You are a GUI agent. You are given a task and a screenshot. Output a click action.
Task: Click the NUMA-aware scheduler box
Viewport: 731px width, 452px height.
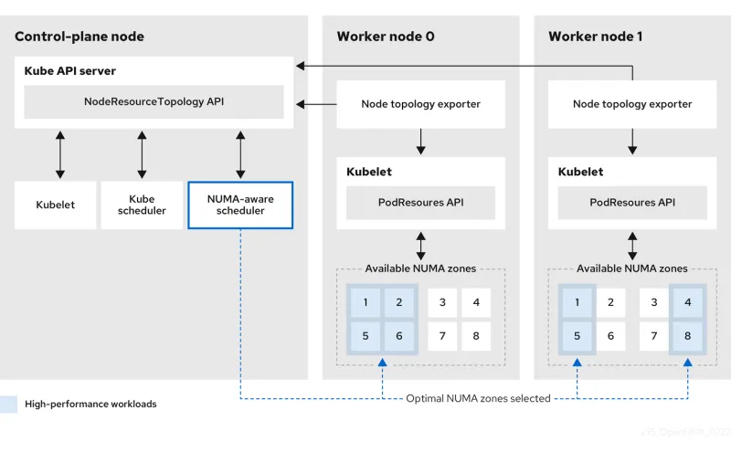tap(239, 205)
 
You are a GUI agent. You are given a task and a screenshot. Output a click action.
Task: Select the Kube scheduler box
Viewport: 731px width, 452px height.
tap(142, 205)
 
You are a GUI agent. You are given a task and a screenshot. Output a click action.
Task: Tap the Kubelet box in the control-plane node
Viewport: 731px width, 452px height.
tap(56, 205)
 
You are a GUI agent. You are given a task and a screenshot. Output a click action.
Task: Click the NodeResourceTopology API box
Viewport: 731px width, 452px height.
tap(154, 102)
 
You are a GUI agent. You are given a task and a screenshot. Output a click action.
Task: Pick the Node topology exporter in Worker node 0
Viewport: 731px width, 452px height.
tap(420, 104)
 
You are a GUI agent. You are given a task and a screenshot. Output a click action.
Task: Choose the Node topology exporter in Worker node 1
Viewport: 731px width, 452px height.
tap(632, 104)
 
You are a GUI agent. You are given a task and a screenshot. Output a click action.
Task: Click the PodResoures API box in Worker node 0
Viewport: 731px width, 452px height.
tap(420, 203)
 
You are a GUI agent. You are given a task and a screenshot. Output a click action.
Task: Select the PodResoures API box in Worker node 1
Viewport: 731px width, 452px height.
tap(632, 203)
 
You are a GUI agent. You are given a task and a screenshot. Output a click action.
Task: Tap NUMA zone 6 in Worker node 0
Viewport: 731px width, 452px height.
tap(399, 336)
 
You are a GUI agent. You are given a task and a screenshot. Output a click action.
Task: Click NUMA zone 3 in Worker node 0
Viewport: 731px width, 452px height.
tap(442, 302)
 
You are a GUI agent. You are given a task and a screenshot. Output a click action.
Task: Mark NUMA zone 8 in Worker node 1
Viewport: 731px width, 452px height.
tap(688, 336)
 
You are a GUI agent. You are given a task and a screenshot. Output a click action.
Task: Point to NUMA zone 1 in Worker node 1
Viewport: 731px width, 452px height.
tap(577, 302)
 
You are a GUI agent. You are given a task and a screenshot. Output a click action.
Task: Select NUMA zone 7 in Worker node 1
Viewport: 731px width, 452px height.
tap(654, 336)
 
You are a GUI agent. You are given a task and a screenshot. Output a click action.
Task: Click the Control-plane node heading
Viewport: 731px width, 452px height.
tap(79, 37)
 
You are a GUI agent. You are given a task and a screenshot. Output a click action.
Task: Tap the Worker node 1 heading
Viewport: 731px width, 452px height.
tap(596, 37)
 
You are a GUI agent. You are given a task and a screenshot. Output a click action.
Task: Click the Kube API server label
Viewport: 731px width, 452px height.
tap(69, 70)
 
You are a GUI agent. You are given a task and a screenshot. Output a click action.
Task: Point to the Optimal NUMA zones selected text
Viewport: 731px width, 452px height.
tap(479, 398)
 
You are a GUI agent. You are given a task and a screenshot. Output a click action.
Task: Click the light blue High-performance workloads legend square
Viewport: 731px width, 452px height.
tap(8, 404)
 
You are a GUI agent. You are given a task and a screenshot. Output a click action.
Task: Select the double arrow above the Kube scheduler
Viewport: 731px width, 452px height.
tap(142, 154)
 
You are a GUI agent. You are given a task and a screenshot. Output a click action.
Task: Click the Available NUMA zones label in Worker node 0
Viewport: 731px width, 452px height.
tap(420, 268)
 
